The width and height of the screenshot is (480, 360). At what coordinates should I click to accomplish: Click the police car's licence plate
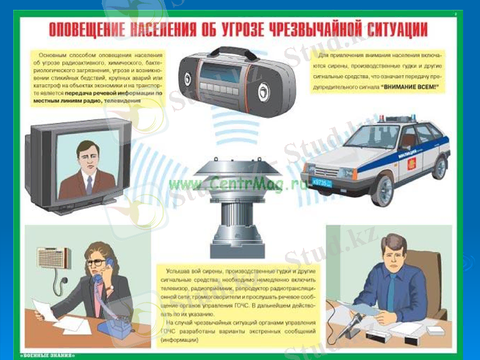coord(322,181)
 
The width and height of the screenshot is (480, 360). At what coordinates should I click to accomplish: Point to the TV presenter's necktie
coord(88,184)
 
